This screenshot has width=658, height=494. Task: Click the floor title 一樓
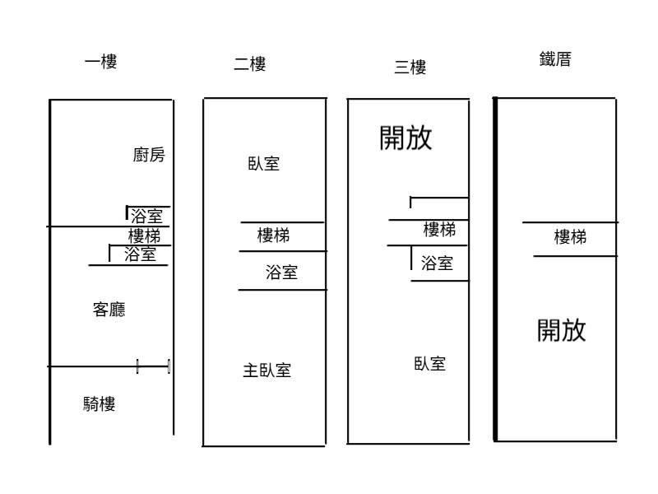(x=100, y=62)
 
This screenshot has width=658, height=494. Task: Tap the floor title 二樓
(x=249, y=64)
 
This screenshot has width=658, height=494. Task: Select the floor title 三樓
(x=410, y=68)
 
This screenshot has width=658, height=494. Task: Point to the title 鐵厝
(x=555, y=59)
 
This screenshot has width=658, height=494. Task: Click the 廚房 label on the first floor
(x=149, y=155)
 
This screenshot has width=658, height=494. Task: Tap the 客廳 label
(x=109, y=310)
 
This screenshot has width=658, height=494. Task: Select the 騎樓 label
(x=99, y=404)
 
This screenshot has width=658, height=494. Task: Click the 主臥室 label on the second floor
(x=266, y=370)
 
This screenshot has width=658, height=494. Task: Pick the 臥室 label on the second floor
(x=263, y=163)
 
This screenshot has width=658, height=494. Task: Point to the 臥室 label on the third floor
(x=429, y=364)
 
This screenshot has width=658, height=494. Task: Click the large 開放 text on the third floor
(x=405, y=138)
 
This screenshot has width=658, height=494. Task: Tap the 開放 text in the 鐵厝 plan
(x=562, y=330)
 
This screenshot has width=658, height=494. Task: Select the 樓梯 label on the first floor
(x=144, y=236)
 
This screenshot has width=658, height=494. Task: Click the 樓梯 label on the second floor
(x=273, y=236)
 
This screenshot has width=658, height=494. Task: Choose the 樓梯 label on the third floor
(x=439, y=231)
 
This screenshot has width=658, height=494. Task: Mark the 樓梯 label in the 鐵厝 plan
(x=570, y=238)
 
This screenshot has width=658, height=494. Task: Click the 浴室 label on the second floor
(x=281, y=273)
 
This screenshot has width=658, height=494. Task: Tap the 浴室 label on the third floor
(x=437, y=263)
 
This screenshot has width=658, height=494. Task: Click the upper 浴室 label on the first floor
(x=146, y=217)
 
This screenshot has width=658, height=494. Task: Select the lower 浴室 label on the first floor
(x=140, y=254)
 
